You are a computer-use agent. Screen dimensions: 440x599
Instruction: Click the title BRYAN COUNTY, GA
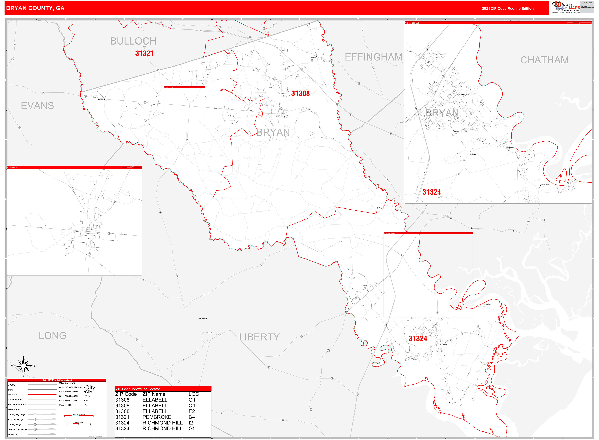coord(35,8)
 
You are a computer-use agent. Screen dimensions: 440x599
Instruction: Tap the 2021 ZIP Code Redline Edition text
coord(507,8)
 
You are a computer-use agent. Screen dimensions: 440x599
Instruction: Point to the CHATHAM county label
coord(544,60)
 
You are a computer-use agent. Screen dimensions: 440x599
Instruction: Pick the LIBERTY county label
coord(259,337)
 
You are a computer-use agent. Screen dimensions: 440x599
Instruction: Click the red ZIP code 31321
coord(144,53)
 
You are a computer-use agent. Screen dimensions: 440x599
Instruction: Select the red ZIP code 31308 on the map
coord(300,93)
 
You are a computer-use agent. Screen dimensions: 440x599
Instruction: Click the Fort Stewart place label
coord(203,318)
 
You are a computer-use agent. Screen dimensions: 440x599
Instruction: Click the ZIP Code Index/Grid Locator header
coord(138,389)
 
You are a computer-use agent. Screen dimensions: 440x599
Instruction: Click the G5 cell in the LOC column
coord(192,428)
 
